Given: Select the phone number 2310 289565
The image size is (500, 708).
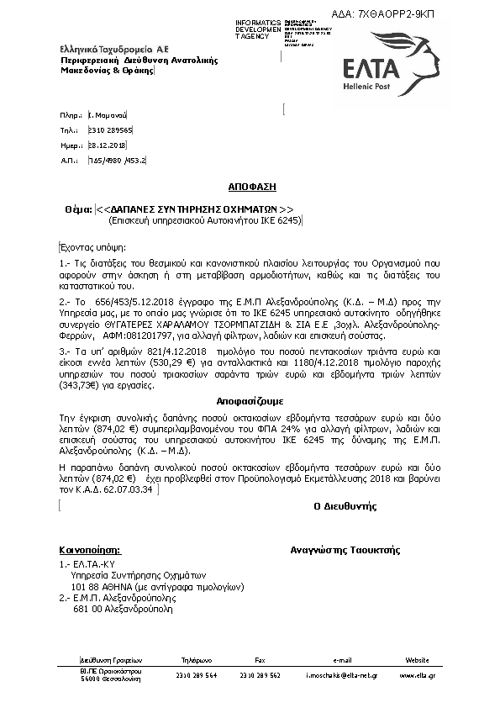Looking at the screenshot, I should click(x=110, y=131).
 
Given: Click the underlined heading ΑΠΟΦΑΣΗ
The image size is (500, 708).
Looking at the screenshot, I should click(x=250, y=183).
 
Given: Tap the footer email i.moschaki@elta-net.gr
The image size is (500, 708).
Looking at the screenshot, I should click(x=341, y=675).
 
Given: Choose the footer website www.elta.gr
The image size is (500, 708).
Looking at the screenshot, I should click(x=417, y=675).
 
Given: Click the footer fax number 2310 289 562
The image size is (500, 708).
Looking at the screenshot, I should click(x=260, y=675).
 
